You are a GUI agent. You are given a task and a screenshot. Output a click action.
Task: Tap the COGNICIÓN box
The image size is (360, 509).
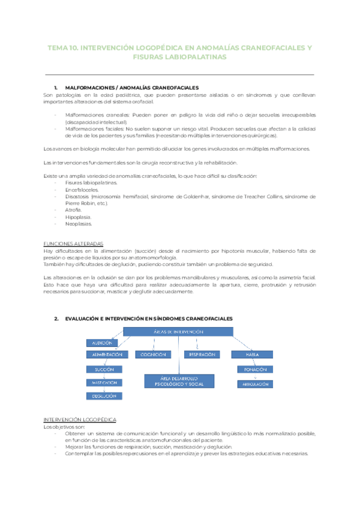(154, 355)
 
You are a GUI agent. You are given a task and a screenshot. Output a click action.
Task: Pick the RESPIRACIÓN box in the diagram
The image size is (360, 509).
(202, 355)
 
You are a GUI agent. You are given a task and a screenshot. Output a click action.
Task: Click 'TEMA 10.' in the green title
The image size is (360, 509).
(62, 47)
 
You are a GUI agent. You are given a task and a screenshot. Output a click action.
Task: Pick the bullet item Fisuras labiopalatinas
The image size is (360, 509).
(92, 182)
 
